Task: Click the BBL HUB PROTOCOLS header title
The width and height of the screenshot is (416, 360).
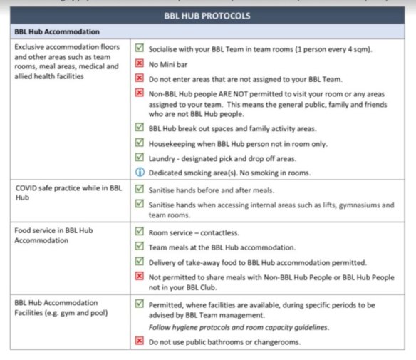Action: [x=209, y=15]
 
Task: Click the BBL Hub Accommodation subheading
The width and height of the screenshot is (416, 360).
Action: [x=57, y=32]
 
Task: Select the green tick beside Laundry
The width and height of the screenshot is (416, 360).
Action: [x=140, y=157]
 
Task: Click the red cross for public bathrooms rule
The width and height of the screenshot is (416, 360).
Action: [x=140, y=341]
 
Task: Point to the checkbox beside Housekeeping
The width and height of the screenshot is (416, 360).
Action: [x=140, y=143]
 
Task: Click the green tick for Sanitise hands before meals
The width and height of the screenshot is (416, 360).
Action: [x=140, y=191]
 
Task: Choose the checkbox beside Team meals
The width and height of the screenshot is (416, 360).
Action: [x=140, y=247]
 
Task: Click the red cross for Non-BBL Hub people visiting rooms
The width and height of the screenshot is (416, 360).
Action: [x=140, y=93]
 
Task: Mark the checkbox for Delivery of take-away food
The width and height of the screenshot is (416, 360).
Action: [x=140, y=262]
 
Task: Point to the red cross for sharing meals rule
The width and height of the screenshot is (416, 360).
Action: [x=140, y=277]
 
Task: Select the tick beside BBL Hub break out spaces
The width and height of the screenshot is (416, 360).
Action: [x=140, y=128]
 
